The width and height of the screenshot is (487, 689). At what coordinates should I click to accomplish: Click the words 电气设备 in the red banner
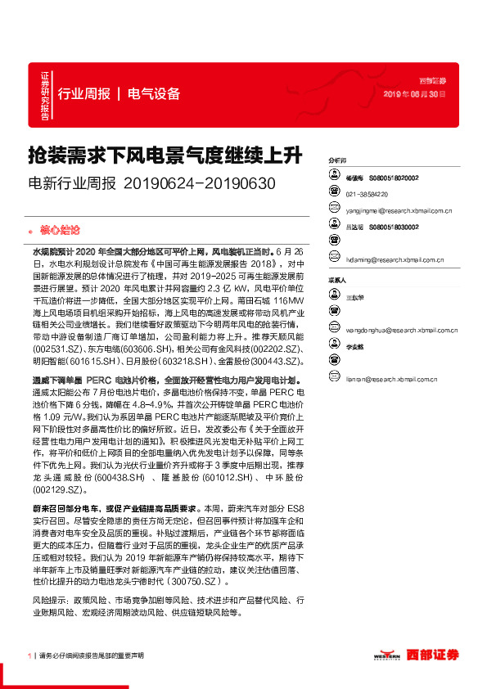(x=154, y=93)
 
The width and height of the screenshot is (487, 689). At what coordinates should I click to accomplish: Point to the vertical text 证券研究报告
(x=45, y=96)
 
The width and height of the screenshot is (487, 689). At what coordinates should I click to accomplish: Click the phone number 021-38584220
(x=368, y=194)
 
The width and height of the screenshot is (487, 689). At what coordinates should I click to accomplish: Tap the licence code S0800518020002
(x=394, y=177)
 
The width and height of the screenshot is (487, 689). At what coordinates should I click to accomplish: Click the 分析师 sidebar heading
(x=336, y=162)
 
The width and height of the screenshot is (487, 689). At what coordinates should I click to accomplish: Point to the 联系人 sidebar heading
(x=336, y=279)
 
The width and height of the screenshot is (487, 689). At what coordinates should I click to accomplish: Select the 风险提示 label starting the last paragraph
(x=50, y=599)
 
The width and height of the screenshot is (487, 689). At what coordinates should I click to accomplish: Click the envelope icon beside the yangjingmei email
(x=333, y=210)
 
